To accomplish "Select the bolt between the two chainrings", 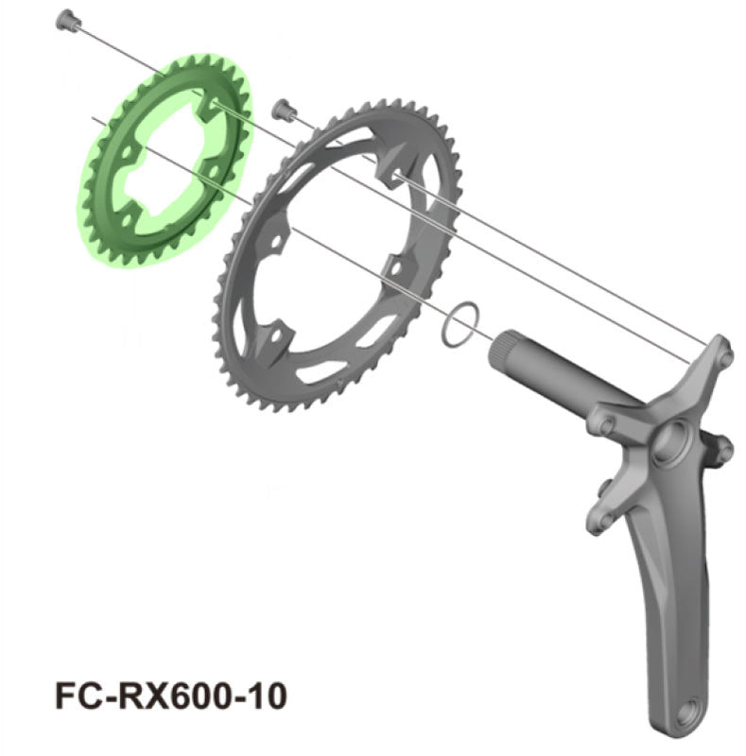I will (x=281, y=109).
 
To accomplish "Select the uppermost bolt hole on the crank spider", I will (x=724, y=355).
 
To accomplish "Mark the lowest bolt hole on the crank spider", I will (x=598, y=520).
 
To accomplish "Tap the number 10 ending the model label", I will (x=264, y=696).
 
